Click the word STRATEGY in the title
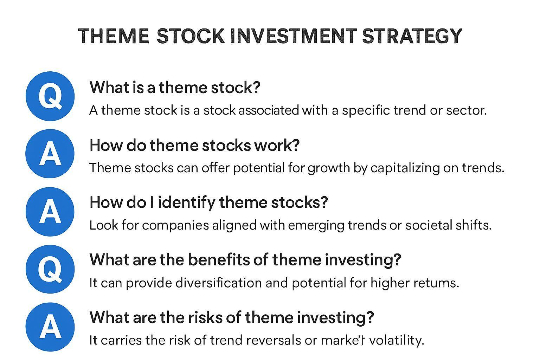(x=412, y=36)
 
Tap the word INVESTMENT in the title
(x=294, y=36)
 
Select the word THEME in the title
(x=113, y=36)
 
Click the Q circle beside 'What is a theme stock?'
(x=50, y=96)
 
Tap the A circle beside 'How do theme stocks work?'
(x=50, y=154)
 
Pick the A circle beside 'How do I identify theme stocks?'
(x=50, y=212)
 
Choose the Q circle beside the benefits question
(x=50, y=269)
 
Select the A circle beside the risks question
(x=50, y=327)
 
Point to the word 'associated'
(x=269, y=110)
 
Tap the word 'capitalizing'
(x=405, y=168)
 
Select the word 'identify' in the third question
(x=186, y=202)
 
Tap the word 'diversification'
(x=219, y=283)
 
